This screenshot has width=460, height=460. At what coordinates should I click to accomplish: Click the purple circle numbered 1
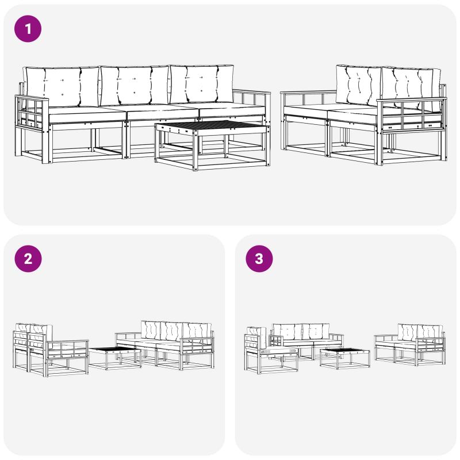[x=28, y=29]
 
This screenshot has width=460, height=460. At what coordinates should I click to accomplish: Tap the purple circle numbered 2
[x=28, y=259]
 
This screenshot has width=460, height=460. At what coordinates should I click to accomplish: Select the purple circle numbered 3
[x=259, y=259]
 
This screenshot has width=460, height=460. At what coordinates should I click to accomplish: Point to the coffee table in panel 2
[x=115, y=358]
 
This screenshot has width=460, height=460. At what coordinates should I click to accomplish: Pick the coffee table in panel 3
[x=344, y=358]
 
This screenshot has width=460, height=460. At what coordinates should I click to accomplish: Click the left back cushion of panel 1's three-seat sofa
[x=62, y=86]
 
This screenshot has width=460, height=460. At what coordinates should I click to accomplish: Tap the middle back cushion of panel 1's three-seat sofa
[x=135, y=85]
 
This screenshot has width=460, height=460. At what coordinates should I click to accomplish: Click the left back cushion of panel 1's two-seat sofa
[x=358, y=86]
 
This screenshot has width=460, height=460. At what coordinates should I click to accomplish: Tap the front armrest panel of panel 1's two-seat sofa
[x=411, y=116]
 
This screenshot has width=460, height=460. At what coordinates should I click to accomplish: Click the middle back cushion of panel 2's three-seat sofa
[x=171, y=332]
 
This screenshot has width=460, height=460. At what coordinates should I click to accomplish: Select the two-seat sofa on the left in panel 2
[x=51, y=350]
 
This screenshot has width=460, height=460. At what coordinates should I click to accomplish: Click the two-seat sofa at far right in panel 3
[x=410, y=344]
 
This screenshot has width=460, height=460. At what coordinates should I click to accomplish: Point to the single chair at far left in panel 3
[x=270, y=350]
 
